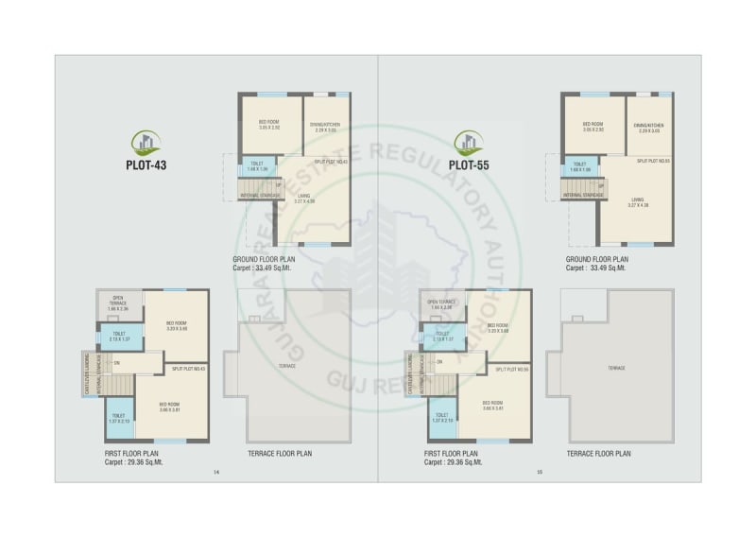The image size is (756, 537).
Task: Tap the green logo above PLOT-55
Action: point(466,143)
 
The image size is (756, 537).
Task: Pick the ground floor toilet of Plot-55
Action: point(579,166)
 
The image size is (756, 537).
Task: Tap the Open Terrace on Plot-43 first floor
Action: point(118,303)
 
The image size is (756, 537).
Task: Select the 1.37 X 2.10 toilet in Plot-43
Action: point(118,418)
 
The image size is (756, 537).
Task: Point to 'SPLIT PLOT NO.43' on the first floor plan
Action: point(189,368)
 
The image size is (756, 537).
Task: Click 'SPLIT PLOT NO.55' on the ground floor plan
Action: point(652,162)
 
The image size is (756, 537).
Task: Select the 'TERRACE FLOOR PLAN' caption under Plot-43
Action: point(280,454)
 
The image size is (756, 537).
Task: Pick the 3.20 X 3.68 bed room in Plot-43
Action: point(177,326)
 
